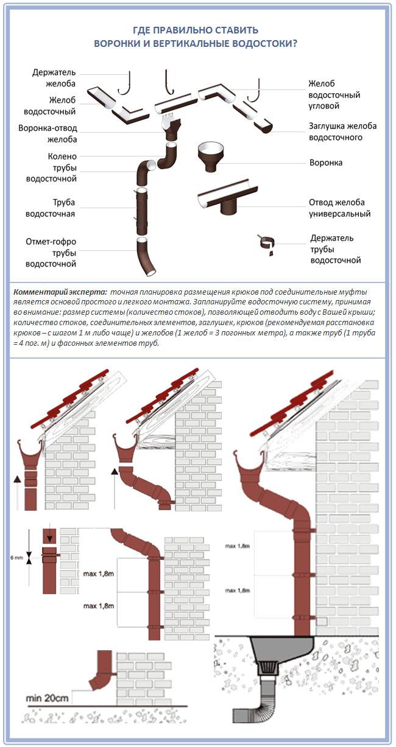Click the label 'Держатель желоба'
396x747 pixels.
[x=54, y=78]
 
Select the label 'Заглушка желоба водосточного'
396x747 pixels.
[x=342, y=132]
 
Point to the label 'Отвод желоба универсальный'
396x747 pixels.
[x=339, y=208]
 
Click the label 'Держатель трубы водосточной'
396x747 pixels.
[x=335, y=248]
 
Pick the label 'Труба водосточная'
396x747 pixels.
[x=51, y=208]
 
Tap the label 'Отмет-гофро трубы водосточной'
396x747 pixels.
[x=51, y=253]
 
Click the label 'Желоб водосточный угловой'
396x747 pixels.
[x=334, y=94]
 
